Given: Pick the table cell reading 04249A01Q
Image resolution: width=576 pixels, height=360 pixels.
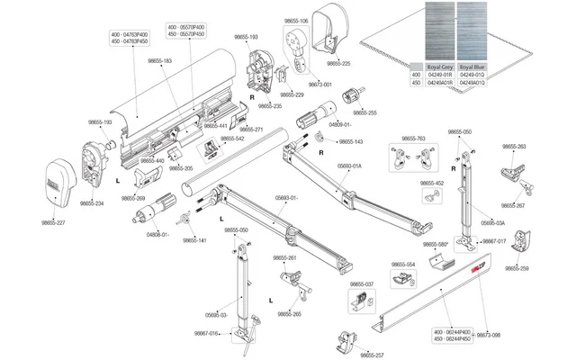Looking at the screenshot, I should pos(473,82).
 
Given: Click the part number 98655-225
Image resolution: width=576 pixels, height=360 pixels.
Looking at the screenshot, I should pos(338,64).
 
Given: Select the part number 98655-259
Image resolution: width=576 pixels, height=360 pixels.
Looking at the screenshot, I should pos(517,268).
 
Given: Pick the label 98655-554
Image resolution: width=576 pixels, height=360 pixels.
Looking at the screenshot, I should pos(404,265).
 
